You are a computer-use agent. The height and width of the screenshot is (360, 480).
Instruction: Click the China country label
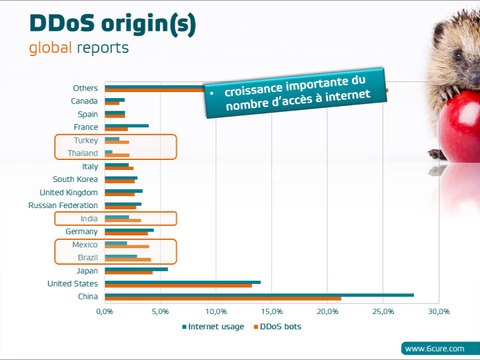pyautogui.click(x=87, y=296)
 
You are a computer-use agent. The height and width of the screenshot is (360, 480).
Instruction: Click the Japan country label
pyautogui.click(x=87, y=270)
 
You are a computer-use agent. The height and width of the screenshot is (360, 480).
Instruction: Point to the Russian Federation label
pyautogui.click(x=63, y=205)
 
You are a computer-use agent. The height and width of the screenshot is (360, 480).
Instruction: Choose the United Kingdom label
pyautogui.click(x=68, y=192)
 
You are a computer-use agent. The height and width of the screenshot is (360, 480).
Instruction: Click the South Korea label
pyautogui.click(x=75, y=179)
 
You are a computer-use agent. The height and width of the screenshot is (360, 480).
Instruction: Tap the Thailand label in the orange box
pyautogui.click(x=83, y=153)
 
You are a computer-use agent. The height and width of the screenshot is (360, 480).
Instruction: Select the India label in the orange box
pyautogui.click(x=89, y=218)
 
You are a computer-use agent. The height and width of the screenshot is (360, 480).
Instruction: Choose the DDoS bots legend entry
pyautogui.click(x=279, y=326)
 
